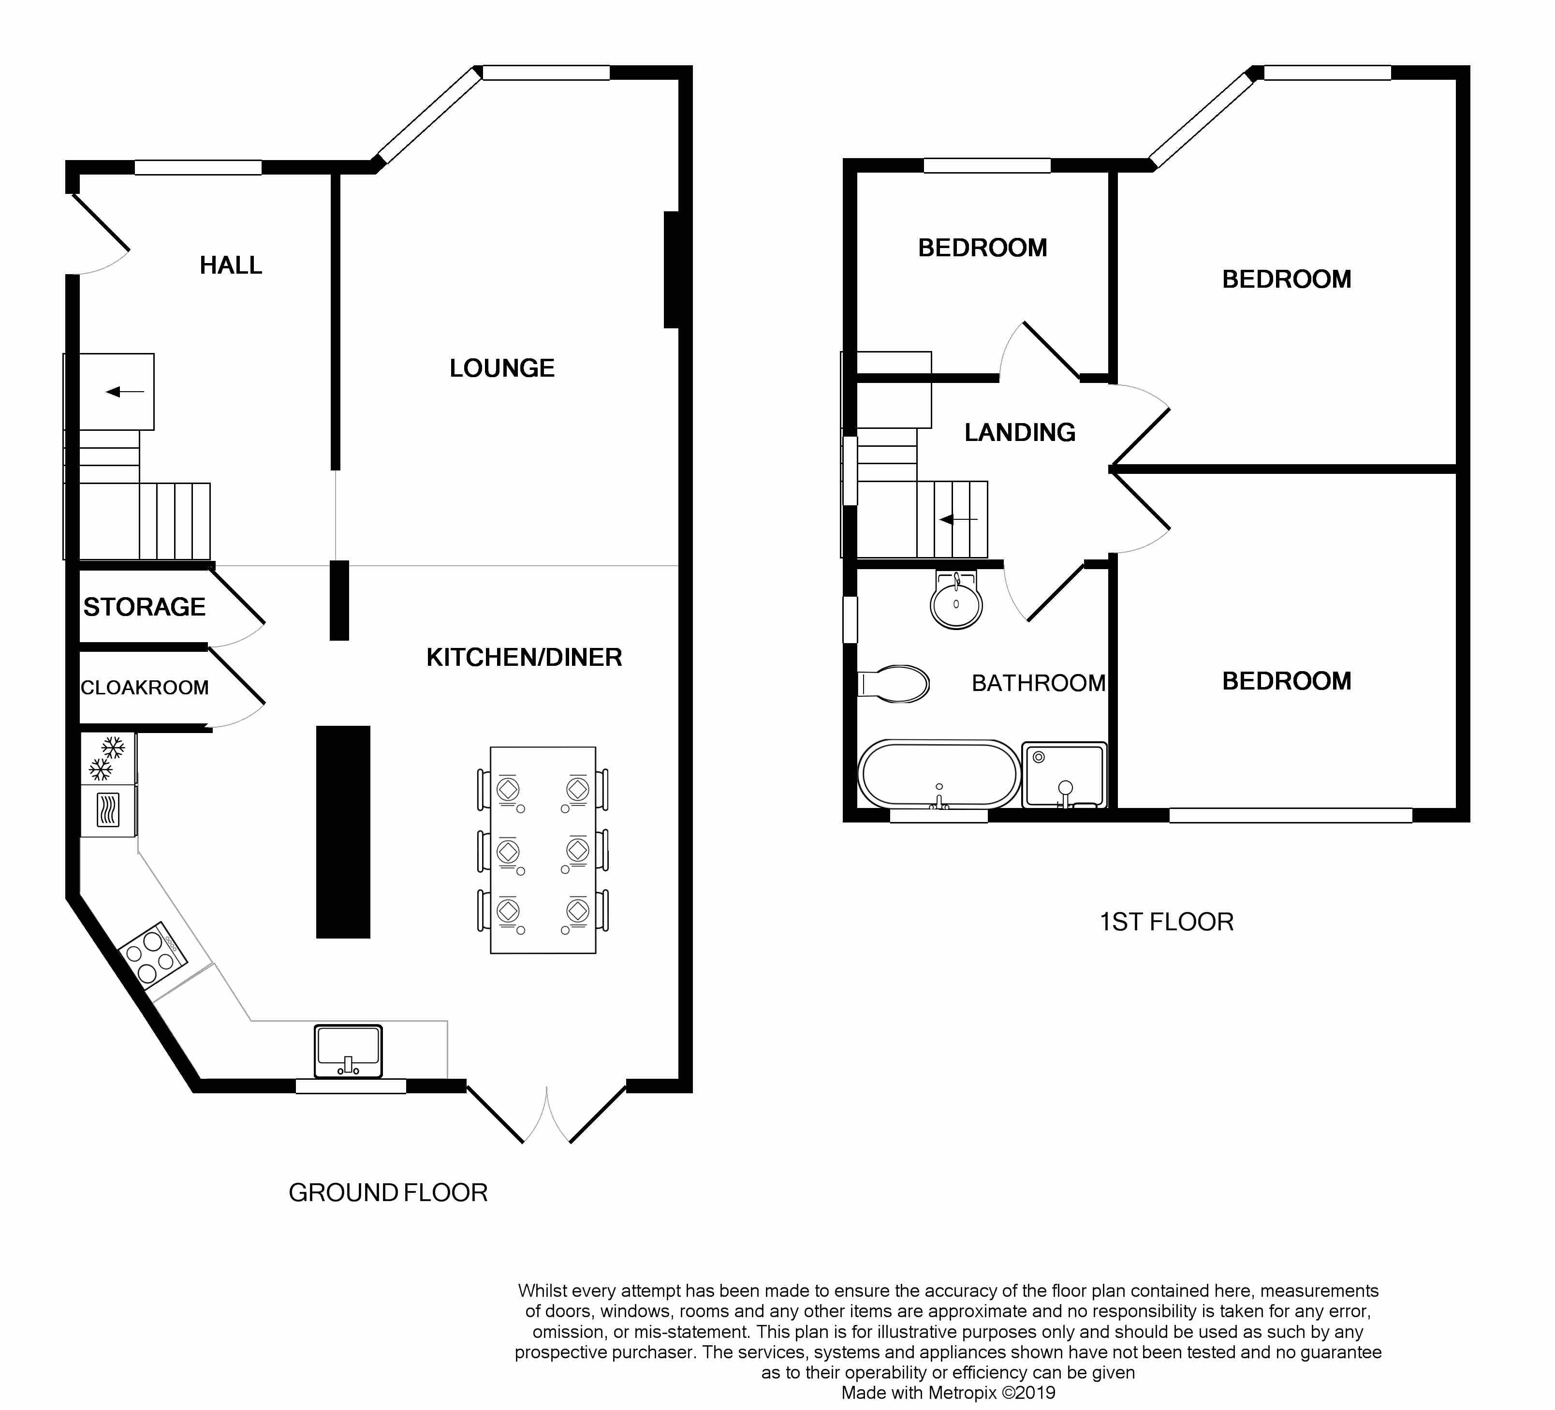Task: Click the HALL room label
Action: (231, 265)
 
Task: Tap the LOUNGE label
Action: (502, 368)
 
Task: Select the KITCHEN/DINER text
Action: (525, 657)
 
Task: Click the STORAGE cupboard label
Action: (144, 607)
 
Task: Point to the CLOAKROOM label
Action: (145, 687)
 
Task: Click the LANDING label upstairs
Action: (1020, 432)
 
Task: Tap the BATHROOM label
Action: (1038, 683)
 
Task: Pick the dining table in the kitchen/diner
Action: (543, 850)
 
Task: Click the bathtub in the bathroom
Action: (939, 775)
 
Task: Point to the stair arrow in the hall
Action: (125, 392)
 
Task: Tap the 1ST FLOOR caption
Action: (1166, 922)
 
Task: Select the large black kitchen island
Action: (343, 832)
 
